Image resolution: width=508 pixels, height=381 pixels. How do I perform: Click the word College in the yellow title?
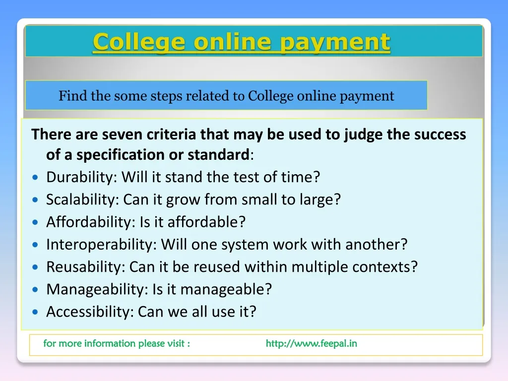pyautogui.click(x=139, y=43)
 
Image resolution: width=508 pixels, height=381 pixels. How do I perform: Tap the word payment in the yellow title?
pyautogui.click(x=335, y=43)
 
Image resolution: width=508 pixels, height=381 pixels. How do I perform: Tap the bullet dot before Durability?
pyautogui.click(x=35, y=177)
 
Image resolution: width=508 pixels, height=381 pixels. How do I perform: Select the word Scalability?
pyautogui.click(x=82, y=199)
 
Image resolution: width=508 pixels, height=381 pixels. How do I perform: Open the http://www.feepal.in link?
pyautogui.click(x=312, y=343)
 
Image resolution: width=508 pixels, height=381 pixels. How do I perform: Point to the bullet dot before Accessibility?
pyautogui.click(x=35, y=312)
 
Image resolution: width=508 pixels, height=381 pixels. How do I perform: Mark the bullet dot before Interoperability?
pyautogui.click(x=35, y=245)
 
